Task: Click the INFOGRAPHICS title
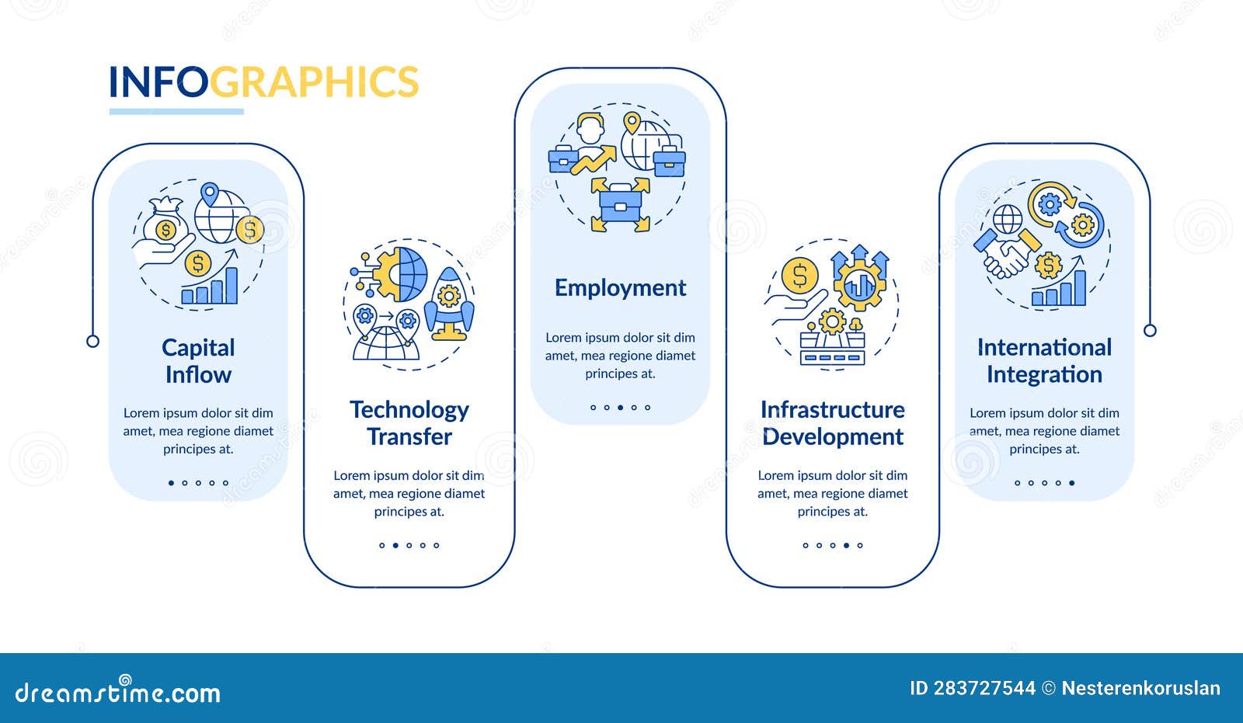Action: (263, 82)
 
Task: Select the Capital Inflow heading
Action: (198, 361)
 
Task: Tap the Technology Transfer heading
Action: (409, 423)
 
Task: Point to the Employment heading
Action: (620, 288)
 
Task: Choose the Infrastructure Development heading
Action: (832, 423)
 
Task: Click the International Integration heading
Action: (1044, 361)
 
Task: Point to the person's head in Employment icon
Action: (591, 126)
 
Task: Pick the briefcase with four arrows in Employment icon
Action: (620, 204)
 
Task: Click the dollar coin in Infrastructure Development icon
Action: (799, 275)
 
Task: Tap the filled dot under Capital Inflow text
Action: (171, 483)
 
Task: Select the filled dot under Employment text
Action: (620, 408)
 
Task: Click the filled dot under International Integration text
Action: (1072, 483)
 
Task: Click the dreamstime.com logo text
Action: (118, 690)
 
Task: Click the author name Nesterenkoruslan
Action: (1140, 688)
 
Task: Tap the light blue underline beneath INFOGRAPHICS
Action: (176, 112)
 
